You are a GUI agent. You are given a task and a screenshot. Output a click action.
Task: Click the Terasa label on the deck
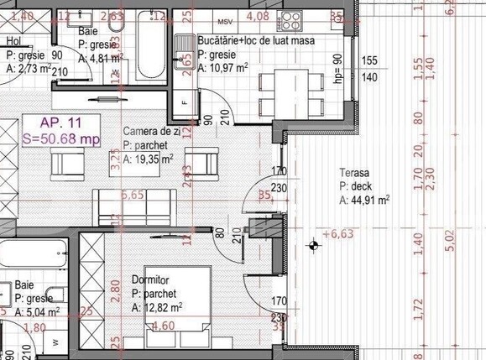click(x=354, y=172)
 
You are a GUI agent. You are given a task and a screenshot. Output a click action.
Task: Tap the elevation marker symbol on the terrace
click(x=314, y=246)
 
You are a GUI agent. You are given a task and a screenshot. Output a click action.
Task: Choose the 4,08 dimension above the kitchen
click(x=259, y=15)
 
